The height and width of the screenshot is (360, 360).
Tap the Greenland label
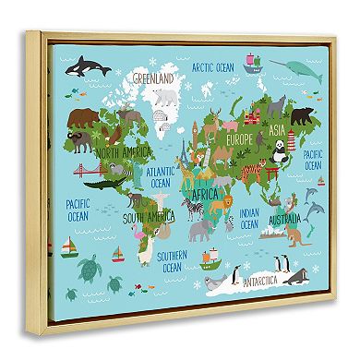(155, 79)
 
